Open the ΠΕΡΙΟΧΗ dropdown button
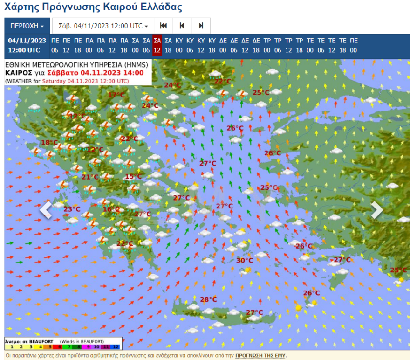(x=27, y=26)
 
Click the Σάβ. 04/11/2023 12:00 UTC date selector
(x=103, y=26)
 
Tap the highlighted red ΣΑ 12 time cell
(x=157, y=46)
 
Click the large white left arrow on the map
(x=46, y=210)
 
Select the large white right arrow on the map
(x=376, y=210)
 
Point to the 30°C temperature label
(x=245, y=260)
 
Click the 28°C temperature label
(x=208, y=299)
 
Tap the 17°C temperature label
(x=116, y=95)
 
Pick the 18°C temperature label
(x=49, y=142)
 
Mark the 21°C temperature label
(x=90, y=177)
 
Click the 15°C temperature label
(x=133, y=176)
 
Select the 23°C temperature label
(x=72, y=209)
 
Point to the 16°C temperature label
(x=111, y=209)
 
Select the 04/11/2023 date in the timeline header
(x=27, y=41)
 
